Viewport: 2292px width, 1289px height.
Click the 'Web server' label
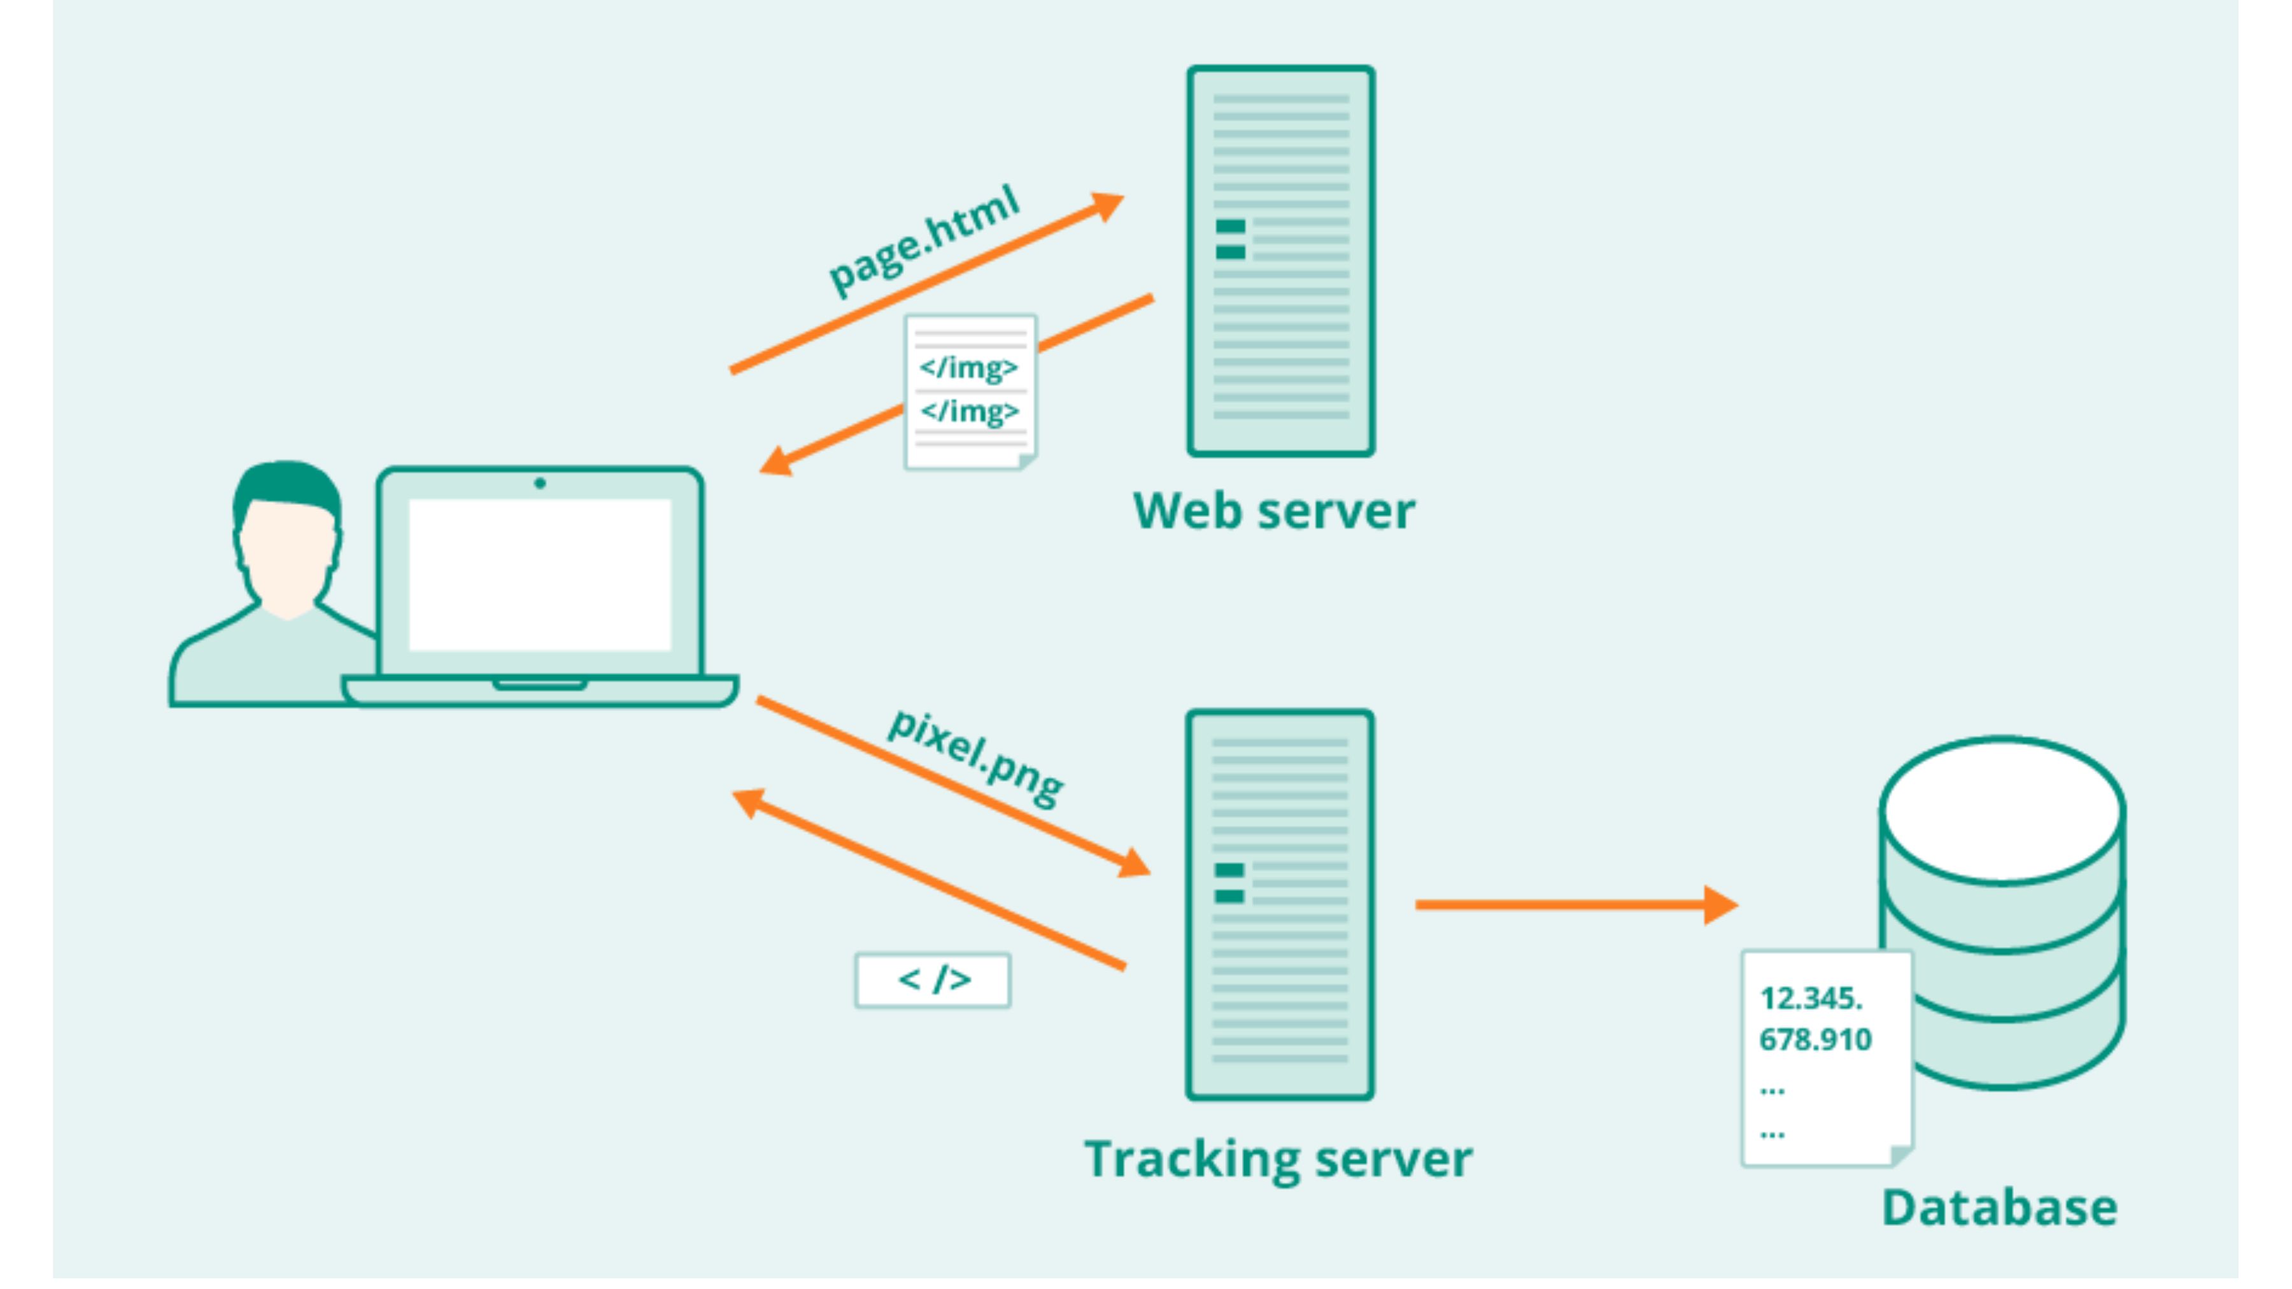coord(1273,512)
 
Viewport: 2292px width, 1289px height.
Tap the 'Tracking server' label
coord(1278,1159)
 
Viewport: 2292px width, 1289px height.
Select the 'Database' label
coord(1999,1208)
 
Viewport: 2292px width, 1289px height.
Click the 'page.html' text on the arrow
coord(924,240)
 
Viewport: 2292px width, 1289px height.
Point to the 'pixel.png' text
coord(976,758)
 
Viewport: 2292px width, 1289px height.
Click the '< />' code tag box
coord(933,980)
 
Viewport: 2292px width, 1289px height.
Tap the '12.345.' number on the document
coord(1811,998)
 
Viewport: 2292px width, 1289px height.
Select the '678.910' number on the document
coord(1815,1039)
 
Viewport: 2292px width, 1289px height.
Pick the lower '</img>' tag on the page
coord(969,411)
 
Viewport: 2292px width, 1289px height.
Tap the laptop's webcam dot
coord(539,483)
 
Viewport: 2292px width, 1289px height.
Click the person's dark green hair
coord(286,485)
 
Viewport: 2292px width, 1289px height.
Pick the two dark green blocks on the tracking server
coord(1229,882)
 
